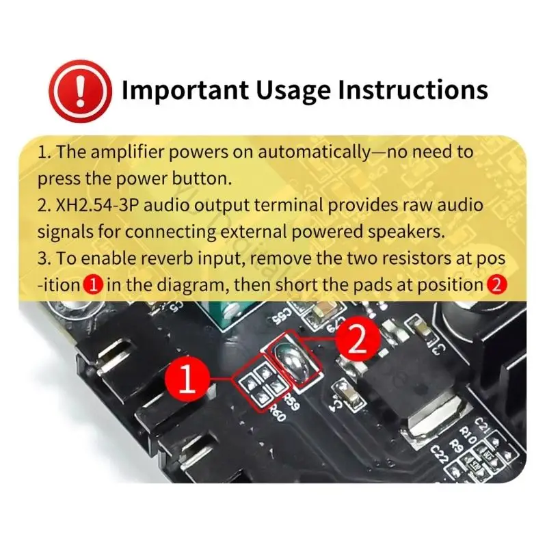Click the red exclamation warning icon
point(81,91)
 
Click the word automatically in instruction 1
point(314,152)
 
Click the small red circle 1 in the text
point(94,285)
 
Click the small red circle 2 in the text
point(497,285)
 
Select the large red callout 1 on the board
point(187,379)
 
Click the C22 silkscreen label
point(439,454)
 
